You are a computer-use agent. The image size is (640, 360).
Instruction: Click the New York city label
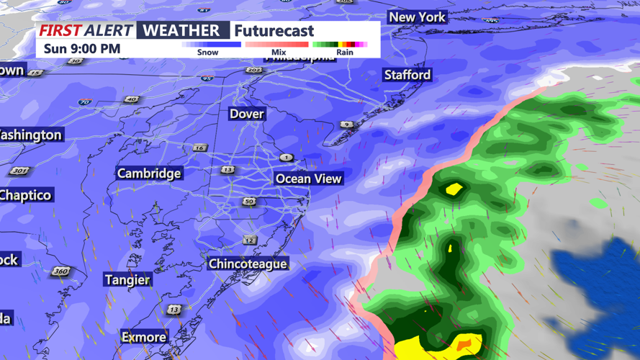tap(418, 17)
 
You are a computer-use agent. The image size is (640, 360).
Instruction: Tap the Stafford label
tap(407, 75)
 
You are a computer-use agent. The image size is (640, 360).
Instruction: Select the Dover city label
tap(247, 114)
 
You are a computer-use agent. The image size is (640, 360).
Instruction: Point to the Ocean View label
tap(309, 179)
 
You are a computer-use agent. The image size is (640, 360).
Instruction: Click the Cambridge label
tap(149, 174)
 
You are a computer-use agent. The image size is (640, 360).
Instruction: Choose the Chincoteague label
tap(248, 264)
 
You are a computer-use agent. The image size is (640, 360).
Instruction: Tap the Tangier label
tap(127, 280)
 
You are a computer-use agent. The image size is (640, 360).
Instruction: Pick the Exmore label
tap(144, 337)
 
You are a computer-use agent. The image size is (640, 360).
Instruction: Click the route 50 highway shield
tap(249, 202)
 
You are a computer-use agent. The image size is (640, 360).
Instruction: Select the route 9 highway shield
tap(346, 125)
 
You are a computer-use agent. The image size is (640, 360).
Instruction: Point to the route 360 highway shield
tap(60, 271)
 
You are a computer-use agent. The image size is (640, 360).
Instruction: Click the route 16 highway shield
tap(199, 148)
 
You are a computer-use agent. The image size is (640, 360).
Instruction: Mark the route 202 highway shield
tap(253, 70)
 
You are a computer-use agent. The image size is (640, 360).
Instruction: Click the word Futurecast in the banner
tap(274, 31)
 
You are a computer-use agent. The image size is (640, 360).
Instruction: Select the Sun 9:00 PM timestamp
tap(82, 49)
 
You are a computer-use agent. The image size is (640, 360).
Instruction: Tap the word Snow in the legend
tap(208, 53)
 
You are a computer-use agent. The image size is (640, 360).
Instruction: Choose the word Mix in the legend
tap(279, 53)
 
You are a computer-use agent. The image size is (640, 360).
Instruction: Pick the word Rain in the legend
tap(345, 53)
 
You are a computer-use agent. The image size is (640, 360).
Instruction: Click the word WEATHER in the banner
tap(182, 30)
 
